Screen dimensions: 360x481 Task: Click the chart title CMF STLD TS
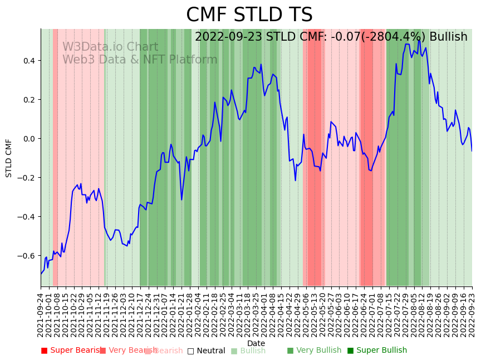(x=249, y=15)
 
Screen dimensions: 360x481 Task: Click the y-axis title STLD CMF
(x=9, y=158)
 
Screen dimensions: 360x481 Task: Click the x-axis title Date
(x=256, y=343)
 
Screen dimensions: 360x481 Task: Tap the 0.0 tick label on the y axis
(x=29, y=138)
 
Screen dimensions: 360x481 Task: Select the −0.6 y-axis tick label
(x=27, y=256)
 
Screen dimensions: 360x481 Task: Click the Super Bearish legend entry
(x=73, y=351)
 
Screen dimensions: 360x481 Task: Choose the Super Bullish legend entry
(x=381, y=351)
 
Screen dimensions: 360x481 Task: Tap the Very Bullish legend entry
(x=318, y=351)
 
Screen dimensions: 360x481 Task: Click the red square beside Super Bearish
(x=45, y=351)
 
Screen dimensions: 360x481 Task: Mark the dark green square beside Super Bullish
(x=350, y=351)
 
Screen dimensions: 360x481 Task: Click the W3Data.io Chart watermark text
(x=110, y=47)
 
